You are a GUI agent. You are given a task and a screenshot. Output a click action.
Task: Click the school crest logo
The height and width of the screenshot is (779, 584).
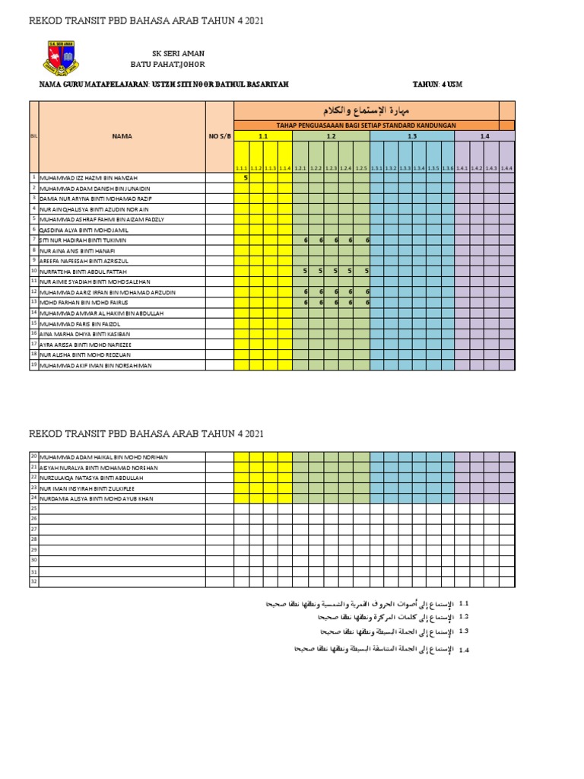pos(59,58)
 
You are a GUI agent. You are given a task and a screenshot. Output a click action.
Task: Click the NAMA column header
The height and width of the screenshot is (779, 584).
pos(122,136)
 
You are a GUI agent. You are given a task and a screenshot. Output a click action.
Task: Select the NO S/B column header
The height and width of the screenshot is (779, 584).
pos(219,136)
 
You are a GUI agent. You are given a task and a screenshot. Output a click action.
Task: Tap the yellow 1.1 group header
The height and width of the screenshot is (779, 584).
pos(263,135)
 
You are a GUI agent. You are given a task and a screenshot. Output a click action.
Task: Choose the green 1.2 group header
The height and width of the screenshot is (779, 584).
pos(331,135)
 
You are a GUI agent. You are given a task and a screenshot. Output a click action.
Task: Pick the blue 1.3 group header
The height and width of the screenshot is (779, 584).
pos(411,135)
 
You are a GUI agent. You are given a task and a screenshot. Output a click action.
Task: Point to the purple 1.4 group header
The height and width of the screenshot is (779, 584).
pos(484,135)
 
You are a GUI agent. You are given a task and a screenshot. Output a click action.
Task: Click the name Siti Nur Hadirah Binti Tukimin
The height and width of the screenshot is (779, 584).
pos(87,240)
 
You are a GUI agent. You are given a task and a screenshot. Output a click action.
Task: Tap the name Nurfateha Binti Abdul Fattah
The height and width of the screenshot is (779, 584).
pos(84,271)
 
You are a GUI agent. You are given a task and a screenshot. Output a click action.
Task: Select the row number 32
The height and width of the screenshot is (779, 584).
pos(33,582)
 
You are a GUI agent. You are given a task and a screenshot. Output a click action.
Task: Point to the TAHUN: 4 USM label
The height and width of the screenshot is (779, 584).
pos(437,84)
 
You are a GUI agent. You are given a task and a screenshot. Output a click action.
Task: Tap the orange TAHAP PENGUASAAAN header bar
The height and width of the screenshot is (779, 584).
pos(366,124)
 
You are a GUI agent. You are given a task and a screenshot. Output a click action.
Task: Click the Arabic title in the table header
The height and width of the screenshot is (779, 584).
pos(367,110)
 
